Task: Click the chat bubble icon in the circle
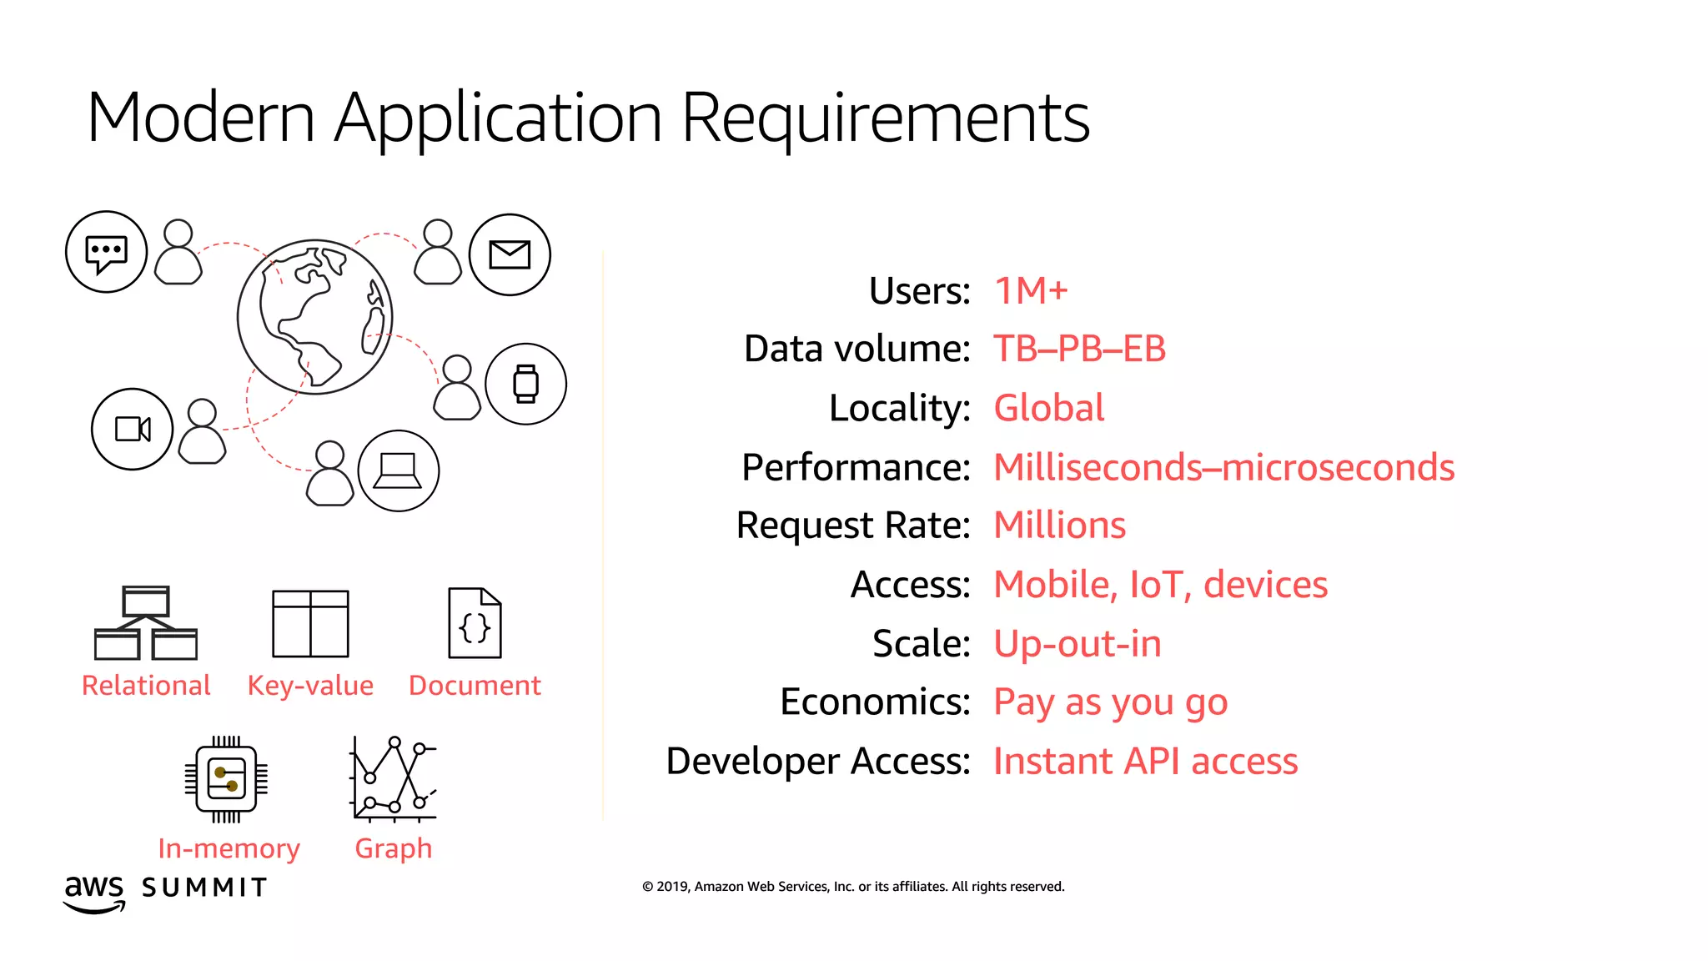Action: tap(107, 252)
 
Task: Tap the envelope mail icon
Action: tap(510, 254)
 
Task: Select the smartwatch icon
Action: tap(525, 384)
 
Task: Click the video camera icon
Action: tap(133, 429)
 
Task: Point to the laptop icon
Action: tap(398, 470)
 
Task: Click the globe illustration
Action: tap(314, 317)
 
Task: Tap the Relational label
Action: tap(146, 686)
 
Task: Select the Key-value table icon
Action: tap(310, 624)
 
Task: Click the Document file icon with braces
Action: tap(475, 623)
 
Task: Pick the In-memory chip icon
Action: tap(226, 779)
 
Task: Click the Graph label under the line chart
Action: tap(394, 848)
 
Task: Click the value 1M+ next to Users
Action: tap(1031, 291)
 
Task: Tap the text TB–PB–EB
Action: tap(1079, 349)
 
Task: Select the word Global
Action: tap(1049, 408)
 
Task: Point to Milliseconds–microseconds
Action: tap(1223, 467)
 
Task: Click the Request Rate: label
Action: tap(852, 526)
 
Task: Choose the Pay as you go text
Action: tap(1110, 702)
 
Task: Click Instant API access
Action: tap(1145, 761)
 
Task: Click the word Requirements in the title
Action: tap(885, 118)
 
